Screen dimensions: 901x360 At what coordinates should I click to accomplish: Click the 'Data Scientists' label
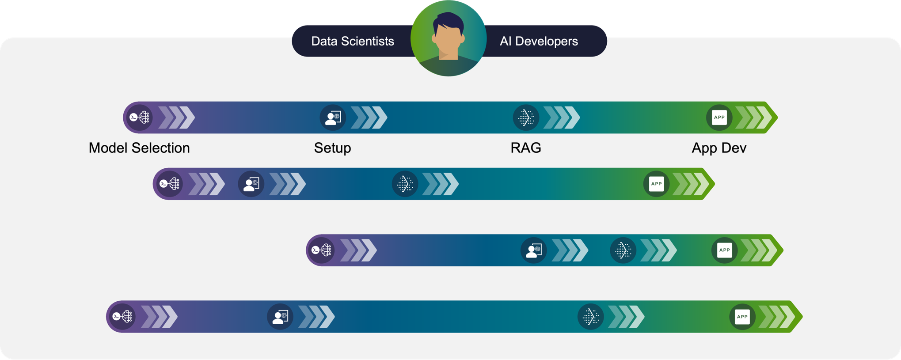tap(353, 41)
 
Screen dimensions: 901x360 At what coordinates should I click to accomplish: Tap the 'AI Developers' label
tap(539, 41)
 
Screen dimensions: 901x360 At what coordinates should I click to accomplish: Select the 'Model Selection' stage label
tap(139, 148)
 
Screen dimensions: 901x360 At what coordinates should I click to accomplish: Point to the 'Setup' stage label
tap(332, 148)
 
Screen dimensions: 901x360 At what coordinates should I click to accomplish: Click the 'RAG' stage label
tap(526, 148)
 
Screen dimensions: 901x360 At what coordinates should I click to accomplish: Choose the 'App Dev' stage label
tap(719, 148)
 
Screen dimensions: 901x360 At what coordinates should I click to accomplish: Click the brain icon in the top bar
tap(139, 117)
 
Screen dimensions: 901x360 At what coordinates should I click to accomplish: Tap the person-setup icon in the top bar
tap(333, 117)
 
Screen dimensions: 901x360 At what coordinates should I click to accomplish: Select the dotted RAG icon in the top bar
tap(526, 117)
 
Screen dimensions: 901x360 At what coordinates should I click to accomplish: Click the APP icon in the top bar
tap(719, 117)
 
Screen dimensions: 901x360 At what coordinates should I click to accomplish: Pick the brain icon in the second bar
tap(169, 184)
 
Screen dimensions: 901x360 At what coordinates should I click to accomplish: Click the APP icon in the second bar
tap(656, 184)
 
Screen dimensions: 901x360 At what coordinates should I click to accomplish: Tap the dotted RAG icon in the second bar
tap(405, 184)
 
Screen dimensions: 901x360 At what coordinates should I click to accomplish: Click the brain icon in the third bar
tap(321, 250)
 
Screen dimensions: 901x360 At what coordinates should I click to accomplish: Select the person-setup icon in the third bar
tap(534, 250)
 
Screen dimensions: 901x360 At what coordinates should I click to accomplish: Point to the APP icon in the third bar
tap(725, 250)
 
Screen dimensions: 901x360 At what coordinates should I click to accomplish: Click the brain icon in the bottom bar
tap(122, 317)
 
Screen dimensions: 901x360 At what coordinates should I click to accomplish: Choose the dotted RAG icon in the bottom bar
tap(590, 317)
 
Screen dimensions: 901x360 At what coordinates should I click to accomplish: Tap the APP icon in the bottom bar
tap(742, 317)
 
